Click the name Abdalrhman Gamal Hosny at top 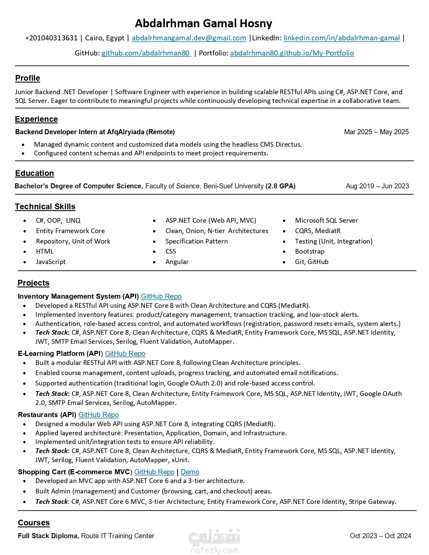tap(203, 24)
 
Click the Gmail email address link tap(189, 38)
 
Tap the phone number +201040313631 tap(51, 38)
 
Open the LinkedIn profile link tap(342, 38)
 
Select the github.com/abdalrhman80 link tap(146, 53)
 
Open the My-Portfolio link tap(292, 53)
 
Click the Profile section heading tap(28, 78)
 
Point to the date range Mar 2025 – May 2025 tap(376, 132)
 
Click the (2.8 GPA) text tap(280, 186)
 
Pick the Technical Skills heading tap(45, 207)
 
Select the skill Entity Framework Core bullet tap(70, 231)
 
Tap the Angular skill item tap(177, 262)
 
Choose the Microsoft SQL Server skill tap(326, 221)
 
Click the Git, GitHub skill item tap(312, 262)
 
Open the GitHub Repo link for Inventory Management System tap(161, 296)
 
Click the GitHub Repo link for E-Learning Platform tap(125, 354)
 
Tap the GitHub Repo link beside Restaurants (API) tap(99, 415)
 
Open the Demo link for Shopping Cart tap(190, 472)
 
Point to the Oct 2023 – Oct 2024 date tap(380, 536)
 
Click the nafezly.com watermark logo tap(214, 542)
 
